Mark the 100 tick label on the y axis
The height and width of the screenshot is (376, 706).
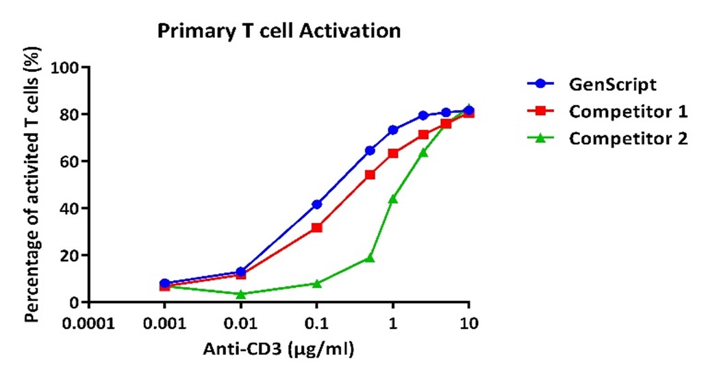coord(65,68)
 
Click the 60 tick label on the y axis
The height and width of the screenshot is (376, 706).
coord(71,161)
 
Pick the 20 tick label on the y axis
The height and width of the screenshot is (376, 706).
coord(71,256)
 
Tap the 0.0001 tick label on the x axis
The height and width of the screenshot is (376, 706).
coord(89,323)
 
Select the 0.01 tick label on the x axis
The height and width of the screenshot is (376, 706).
coord(241,323)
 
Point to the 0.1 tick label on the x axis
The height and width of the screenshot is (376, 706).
coord(317,323)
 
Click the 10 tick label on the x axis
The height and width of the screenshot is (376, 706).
coord(469,323)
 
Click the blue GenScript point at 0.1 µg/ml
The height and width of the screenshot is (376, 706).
coord(317,204)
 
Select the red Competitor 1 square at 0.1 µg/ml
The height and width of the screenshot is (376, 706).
coord(317,228)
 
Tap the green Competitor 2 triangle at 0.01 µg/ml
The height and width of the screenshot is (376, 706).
coord(241,294)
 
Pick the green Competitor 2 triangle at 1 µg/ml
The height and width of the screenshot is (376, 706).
coord(393,199)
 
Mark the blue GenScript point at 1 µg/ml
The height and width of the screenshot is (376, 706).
coord(393,130)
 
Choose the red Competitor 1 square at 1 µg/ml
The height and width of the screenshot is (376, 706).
coord(393,153)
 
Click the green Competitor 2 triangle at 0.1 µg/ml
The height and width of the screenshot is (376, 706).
coord(317,284)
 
